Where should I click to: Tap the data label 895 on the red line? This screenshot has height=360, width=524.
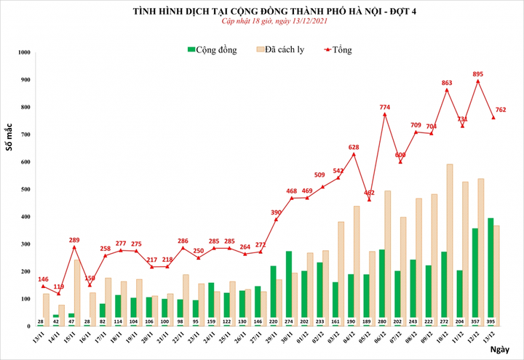[477, 74]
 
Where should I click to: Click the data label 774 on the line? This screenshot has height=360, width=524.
[384, 108]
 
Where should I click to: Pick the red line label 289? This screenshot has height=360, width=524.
[74, 240]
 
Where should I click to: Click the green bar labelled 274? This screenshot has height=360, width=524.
[290, 287]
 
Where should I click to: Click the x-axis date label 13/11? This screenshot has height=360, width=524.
[41, 338]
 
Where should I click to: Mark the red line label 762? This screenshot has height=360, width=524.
[501, 111]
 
